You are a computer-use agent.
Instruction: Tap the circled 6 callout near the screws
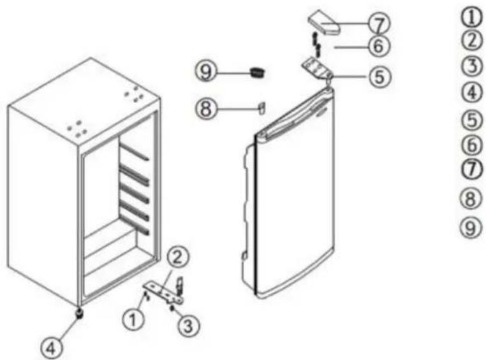(379, 47)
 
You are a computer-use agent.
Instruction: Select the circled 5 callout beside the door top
(379, 76)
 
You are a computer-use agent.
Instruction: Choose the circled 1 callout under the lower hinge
(133, 320)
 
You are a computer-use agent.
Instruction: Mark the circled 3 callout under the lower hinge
(189, 326)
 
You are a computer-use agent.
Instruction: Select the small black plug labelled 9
(258, 73)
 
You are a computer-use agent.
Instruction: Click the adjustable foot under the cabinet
(80, 313)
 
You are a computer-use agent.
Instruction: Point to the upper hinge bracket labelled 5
(317, 68)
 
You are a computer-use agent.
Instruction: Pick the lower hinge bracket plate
(163, 292)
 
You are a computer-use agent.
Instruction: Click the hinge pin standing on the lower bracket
(179, 285)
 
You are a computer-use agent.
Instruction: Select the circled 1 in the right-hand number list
(472, 17)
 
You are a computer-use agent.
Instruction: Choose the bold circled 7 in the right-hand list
(472, 170)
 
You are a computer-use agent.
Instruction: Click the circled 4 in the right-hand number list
(472, 92)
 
